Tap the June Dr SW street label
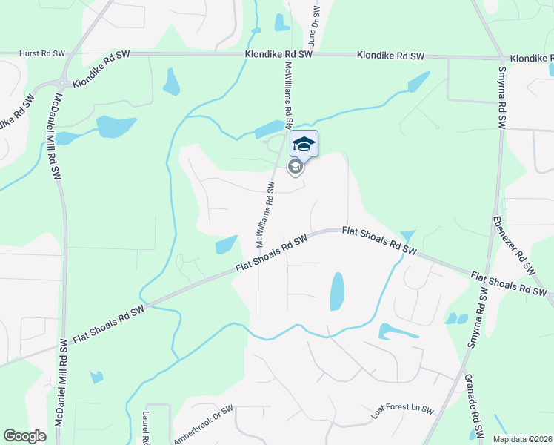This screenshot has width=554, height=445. pos(313,28)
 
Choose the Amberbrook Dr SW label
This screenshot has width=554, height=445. pos(204,423)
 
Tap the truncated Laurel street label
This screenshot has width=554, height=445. pos(147,426)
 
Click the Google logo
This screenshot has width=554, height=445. pos(24,436)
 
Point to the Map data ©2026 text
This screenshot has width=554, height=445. pos(521,439)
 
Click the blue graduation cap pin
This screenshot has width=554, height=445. pos(304,143)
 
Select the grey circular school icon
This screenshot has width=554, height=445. pos(295,167)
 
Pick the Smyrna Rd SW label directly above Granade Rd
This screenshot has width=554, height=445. pos(480,319)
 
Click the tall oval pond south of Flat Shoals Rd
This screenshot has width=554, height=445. pos(337,291)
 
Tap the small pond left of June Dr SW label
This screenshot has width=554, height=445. pos(282,22)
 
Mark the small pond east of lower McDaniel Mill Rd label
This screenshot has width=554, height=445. pos(97,377)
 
